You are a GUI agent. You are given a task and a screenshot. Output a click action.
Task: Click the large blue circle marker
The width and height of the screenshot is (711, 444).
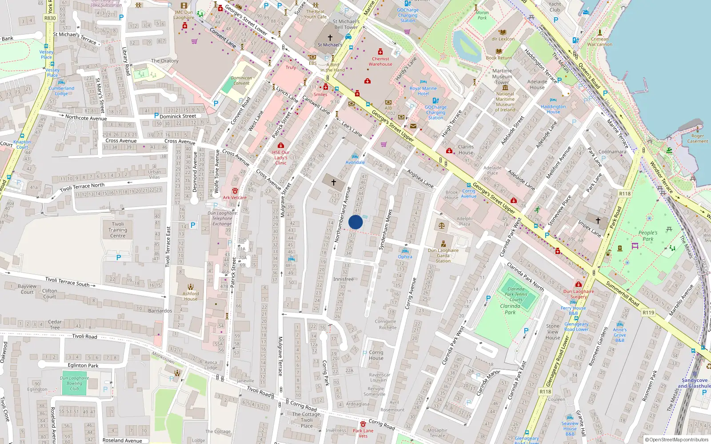click(355, 222)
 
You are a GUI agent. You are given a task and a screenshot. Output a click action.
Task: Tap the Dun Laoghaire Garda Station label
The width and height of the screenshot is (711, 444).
click(443, 255)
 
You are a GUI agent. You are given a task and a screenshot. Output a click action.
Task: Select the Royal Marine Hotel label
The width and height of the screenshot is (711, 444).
click(423, 91)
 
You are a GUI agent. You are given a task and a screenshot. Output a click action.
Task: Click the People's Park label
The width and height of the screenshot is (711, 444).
click(648, 236)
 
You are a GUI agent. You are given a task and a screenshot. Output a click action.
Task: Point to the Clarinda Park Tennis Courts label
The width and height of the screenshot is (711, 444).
click(516, 294)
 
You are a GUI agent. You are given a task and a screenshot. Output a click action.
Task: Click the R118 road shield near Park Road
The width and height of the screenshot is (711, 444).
click(625, 194)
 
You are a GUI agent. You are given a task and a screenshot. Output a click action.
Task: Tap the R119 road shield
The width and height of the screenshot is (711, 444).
click(648, 313)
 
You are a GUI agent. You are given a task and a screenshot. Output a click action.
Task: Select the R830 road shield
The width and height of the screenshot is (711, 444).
click(50, 18)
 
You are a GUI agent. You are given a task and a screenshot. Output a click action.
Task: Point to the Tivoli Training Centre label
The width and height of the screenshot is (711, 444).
click(118, 230)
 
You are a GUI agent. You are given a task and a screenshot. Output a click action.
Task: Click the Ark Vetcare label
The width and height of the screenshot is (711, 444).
click(235, 198)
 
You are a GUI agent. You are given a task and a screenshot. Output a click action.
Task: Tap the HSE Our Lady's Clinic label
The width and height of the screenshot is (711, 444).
click(280, 158)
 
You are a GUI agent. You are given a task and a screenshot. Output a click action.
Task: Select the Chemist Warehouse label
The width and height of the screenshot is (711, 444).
click(380, 61)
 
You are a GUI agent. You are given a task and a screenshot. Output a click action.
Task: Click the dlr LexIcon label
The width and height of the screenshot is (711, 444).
click(503, 39)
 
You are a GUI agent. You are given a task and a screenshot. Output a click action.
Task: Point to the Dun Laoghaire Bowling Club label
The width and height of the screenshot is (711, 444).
click(74, 383)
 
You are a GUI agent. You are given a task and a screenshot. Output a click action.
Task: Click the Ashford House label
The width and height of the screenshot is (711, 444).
click(191, 296)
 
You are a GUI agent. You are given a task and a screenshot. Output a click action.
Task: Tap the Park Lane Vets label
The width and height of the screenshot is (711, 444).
click(363, 433)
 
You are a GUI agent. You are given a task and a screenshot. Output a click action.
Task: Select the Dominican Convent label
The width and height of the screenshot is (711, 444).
click(241, 80)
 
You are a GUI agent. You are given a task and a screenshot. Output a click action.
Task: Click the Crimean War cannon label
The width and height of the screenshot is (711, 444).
click(599, 42)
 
